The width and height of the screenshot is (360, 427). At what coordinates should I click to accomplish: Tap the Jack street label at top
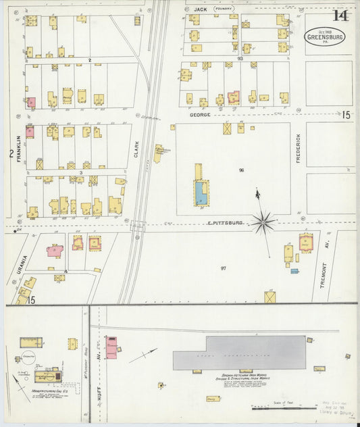[x=199, y=9]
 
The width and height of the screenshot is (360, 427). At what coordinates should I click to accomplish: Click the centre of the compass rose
[x=263, y=221]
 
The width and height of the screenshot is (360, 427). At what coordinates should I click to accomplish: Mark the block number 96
[x=240, y=170]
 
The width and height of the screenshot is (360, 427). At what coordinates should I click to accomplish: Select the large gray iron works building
[x=239, y=353]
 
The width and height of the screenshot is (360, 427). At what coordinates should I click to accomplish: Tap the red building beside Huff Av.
[x=111, y=347]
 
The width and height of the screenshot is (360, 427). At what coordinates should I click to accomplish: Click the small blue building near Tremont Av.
[x=294, y=271]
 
